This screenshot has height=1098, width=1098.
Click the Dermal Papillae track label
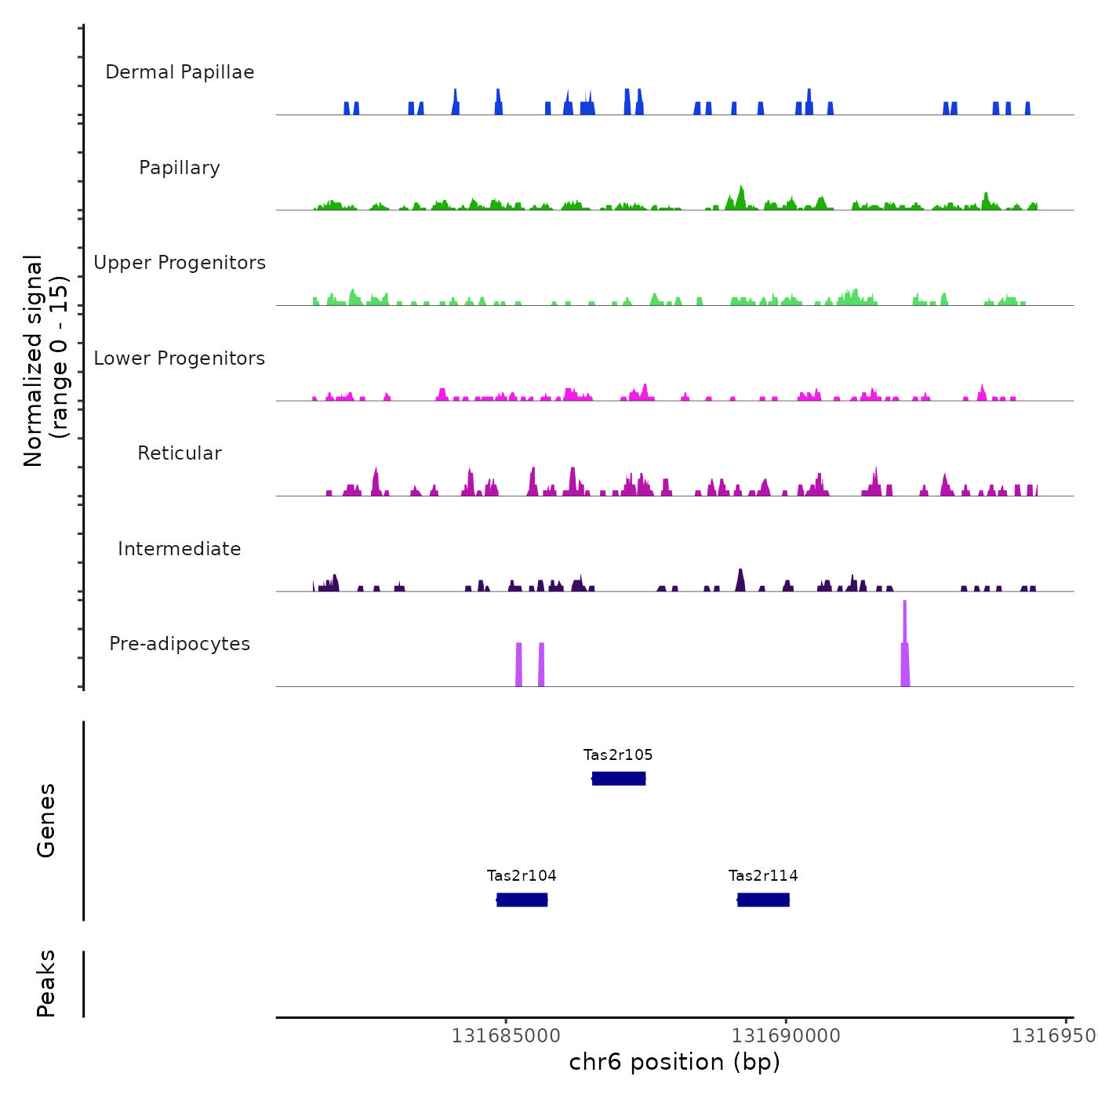[x=180, y=72]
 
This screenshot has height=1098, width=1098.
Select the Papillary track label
[x=180, y=168]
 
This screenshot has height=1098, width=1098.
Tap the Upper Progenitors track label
[x=180, y=263]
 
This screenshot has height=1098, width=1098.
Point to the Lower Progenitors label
[x=180, y=358]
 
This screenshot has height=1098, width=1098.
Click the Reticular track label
[x=180, y=453]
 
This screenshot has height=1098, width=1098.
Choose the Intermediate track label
[x=180, y=549]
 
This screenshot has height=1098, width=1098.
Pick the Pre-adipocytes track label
[x=180, y=644]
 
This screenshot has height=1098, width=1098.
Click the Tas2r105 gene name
[x=618, y=755]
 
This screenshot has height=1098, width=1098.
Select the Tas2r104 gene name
[x=522, y=876]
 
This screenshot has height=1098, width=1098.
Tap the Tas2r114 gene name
[x=763, y=876]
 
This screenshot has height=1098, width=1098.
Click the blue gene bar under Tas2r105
[x=619, y=778]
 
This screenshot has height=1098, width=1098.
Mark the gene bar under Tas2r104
[x=522, y=900]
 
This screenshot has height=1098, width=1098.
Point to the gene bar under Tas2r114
[x=763, y=900]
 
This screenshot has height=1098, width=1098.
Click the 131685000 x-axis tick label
[x=506, y=1036]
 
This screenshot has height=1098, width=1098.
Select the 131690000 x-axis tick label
[x=786, y=1036]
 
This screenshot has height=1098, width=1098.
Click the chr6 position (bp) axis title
[x=674, y=1062]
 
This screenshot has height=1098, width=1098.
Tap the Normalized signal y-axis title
[x=45, y=360]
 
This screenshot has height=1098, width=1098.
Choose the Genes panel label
[x=46, y=820]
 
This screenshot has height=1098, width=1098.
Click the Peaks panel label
[x=46, y=983]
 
